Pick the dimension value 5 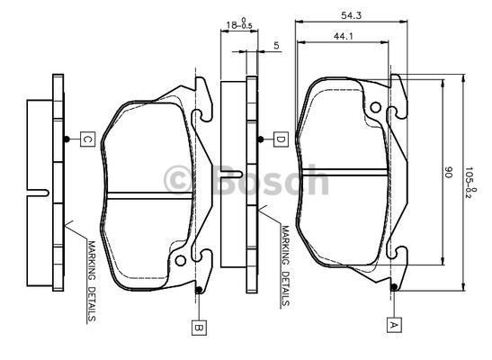click(275, 44)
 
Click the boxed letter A click(394, 322)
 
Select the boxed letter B click(197, 328)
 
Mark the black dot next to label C click(68, 139)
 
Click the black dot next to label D click(262, 139)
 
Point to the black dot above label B click(197, 290)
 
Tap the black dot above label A click(394, 287)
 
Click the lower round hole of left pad click(181, 263)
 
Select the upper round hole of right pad click(393, 112)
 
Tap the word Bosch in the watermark click(271, 179)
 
